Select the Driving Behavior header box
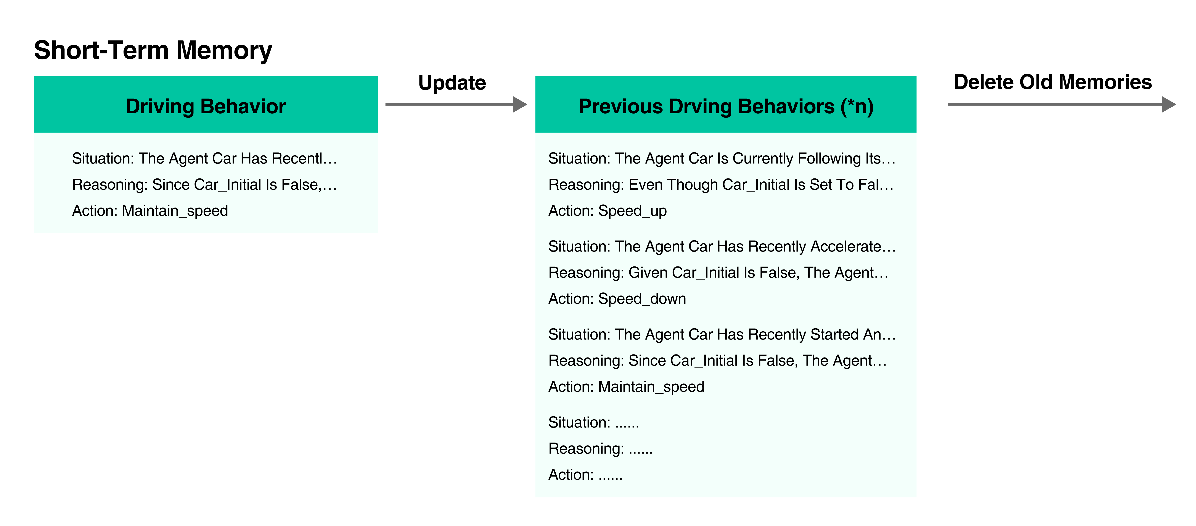coord(206,104)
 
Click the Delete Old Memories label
coord(1053,82)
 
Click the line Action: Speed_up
coord(607,211)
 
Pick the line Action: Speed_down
coord(617,298)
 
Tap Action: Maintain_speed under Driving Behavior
coord(150,211)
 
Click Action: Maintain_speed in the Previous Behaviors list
coord(626,387)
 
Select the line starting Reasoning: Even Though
coord(721,185)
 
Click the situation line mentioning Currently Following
coord(722,159)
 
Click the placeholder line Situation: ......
coord(594,422)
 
